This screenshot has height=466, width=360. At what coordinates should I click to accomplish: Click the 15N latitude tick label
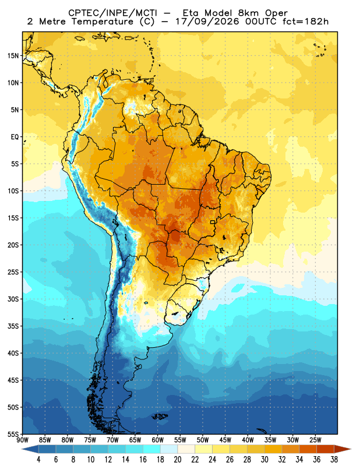coord(13,55)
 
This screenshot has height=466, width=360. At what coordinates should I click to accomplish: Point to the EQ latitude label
coord(15,137)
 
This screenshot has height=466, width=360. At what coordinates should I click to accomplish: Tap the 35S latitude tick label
coord(13,326)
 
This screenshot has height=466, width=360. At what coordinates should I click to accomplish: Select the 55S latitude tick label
coord(13,434)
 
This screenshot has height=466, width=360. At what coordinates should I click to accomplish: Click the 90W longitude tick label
coord(22,440)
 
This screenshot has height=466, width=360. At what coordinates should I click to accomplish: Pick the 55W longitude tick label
coord(180,440)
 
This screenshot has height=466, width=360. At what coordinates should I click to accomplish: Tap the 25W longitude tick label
coord(315,440)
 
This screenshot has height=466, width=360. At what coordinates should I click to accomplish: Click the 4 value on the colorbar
coord(38,460)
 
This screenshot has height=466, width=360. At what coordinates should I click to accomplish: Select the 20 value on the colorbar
coord(178,460)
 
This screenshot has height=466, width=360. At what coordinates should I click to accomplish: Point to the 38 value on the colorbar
coord(334,460)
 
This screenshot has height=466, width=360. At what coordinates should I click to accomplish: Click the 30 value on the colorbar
coord(264,460)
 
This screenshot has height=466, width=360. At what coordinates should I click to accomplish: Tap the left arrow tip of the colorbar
coord(22,449)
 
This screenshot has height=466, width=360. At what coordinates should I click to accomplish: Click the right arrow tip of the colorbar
coord(351,449)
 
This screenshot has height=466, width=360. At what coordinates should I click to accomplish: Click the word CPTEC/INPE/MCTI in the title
coord(112,13)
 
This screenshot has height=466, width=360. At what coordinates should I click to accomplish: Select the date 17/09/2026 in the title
coord(207,22)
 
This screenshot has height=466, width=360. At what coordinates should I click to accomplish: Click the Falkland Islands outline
coord(160,416)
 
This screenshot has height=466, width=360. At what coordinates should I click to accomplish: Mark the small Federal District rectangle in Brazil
coord(213,222)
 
